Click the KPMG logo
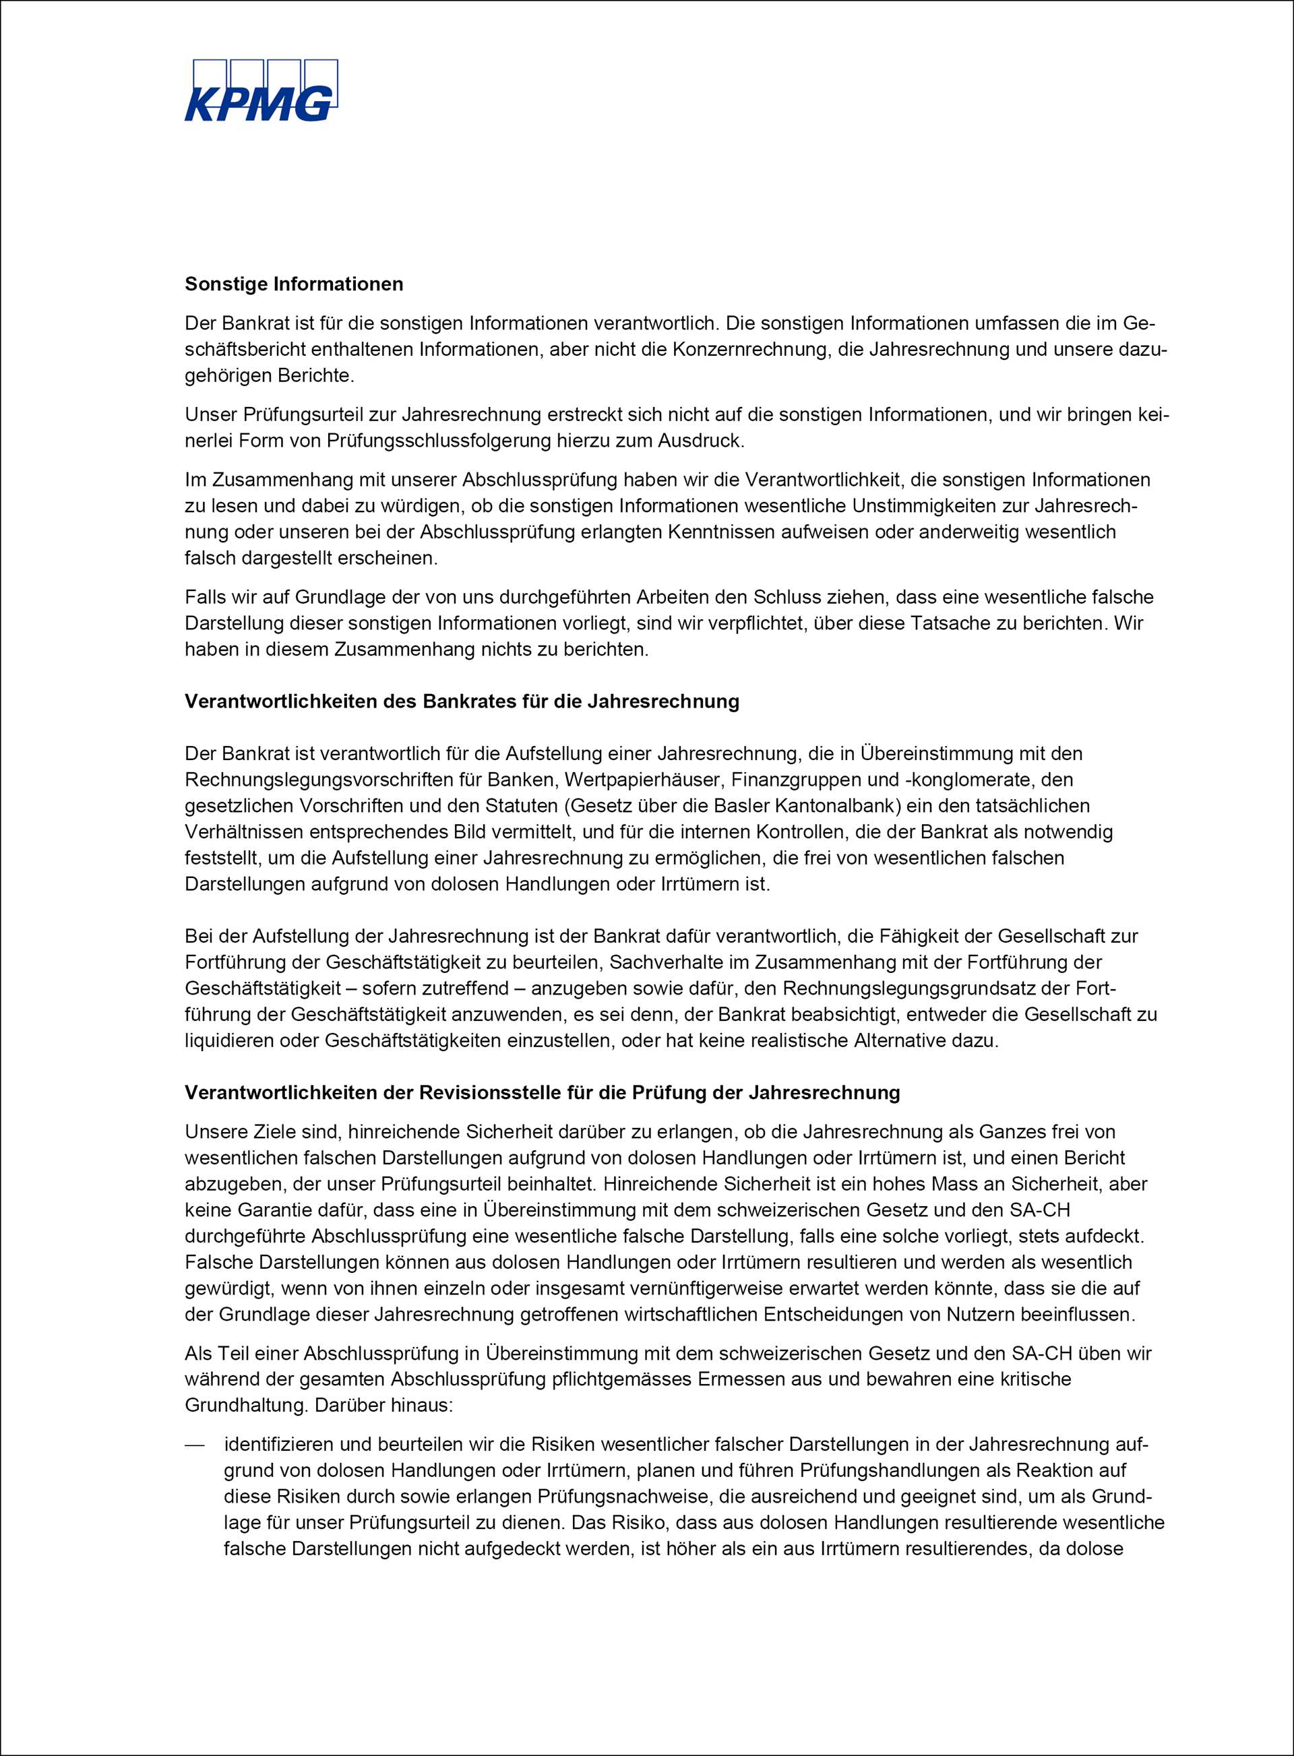261,91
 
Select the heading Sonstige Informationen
294,284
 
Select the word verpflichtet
725,623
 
